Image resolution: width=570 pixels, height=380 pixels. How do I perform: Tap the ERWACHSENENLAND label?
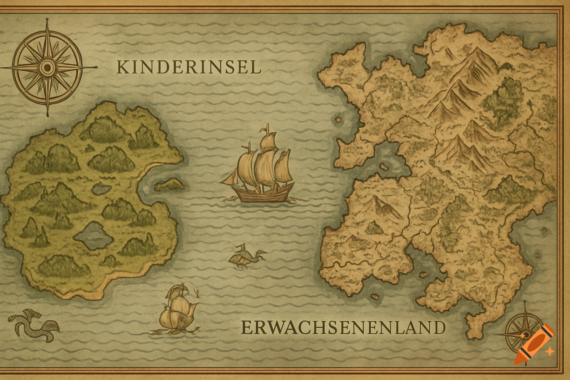click(x=343, y=328)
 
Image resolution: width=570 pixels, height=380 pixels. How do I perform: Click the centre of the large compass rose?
click(x=47, y=67)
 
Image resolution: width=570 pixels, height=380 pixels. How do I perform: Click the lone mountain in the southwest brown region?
click(x=379, y=205)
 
